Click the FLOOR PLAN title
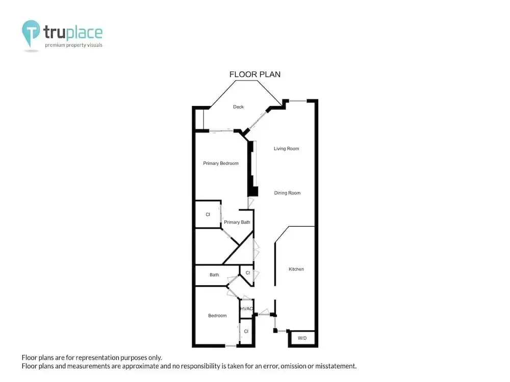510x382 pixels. (x=254, y=74)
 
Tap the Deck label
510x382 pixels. (x=238, y=107)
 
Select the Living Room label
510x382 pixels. (x=286, y=148)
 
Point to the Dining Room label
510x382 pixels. (x=287, y=193)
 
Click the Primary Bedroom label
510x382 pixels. (x=220, y=163)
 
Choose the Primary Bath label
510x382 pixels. (x=237, y=222)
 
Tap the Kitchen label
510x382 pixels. (x=296, y=269)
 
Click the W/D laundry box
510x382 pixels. (x=302, y=338)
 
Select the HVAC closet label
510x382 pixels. (x=246, y=309)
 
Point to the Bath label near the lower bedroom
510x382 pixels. (x=214, y=275)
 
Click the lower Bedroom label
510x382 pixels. (x=217, y=315)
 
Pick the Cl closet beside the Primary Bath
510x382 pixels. (x=208, y=214)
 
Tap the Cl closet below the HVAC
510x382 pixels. (x=246, y=332)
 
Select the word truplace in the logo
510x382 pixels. (x=73, y=32)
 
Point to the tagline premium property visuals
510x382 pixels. (x=73, y=45)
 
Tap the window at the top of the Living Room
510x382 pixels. (x=298, y=101)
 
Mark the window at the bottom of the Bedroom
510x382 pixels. (x=231, y=346)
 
